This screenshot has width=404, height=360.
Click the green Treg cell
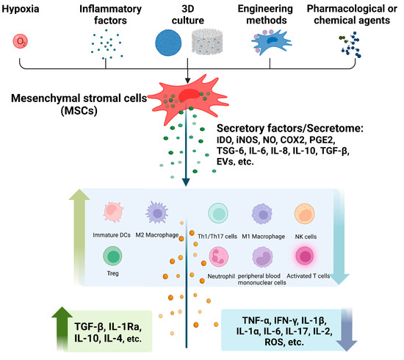pyautogui.click(x=112, y=256)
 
